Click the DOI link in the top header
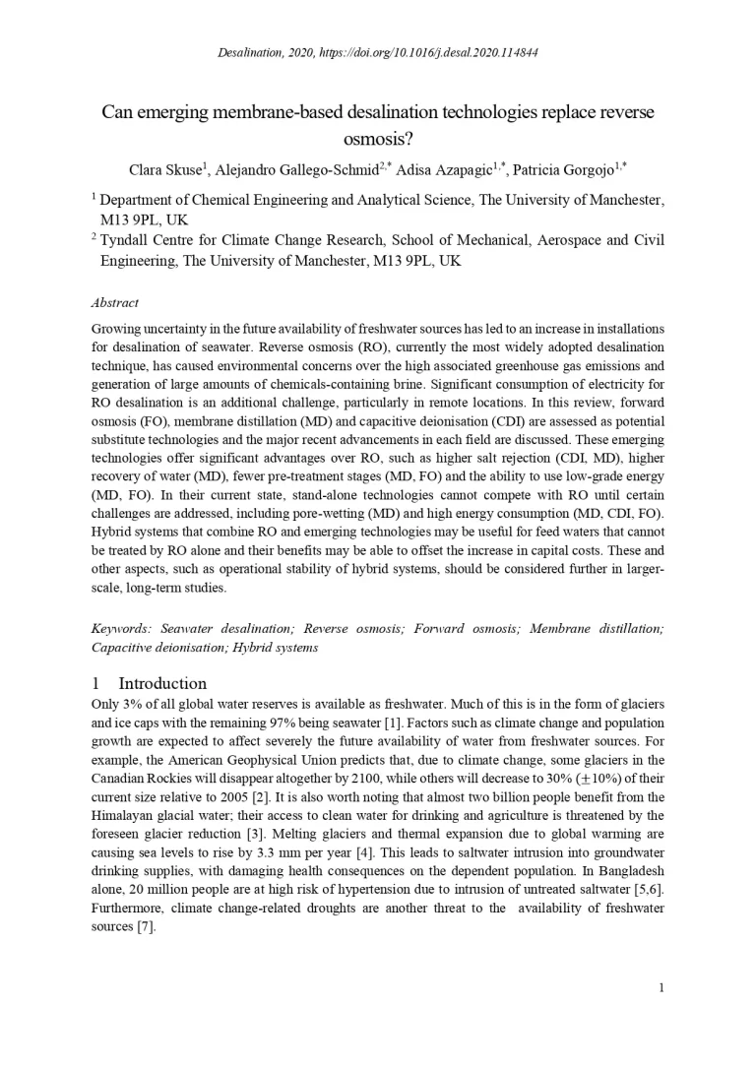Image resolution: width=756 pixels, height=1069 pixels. point(433,52)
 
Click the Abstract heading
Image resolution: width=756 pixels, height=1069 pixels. point(114,302)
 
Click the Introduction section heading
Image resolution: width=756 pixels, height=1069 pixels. point(162,683)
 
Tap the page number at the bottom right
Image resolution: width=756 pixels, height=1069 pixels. point(661,987)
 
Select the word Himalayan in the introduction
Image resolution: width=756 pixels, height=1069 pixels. point(126,815)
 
